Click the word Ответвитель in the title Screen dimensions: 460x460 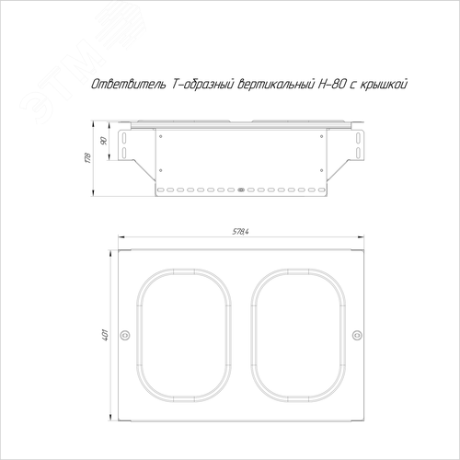128,84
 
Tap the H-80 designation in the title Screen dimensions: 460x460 332,84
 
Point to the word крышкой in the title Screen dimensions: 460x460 384,84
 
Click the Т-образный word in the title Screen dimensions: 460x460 202,85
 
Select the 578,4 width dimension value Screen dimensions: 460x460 240,232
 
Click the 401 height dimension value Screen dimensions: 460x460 105,335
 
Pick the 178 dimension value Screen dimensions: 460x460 88,157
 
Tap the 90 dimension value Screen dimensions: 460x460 104,141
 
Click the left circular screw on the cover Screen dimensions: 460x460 125,335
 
